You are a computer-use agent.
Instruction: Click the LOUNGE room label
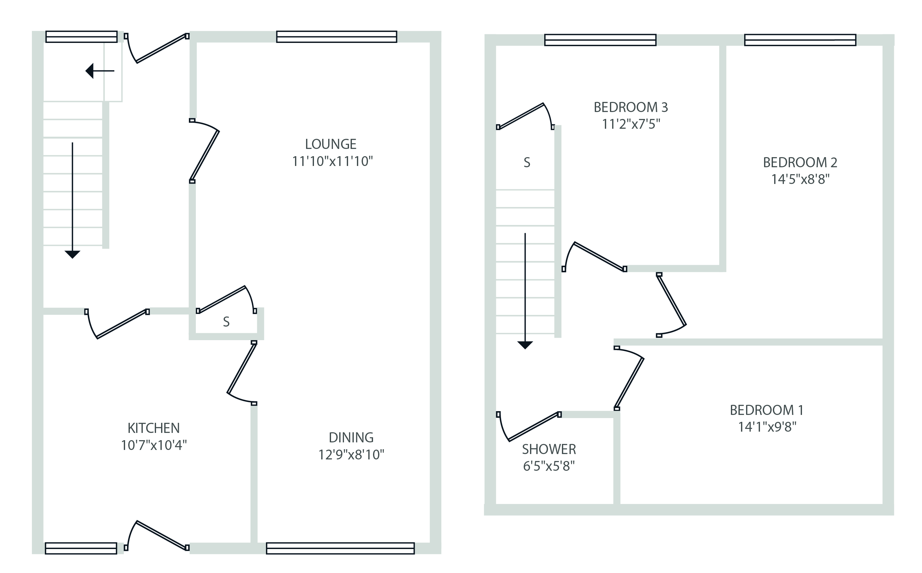(x=331, y=145)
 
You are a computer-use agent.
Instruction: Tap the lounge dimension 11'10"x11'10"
(x=332, y=162)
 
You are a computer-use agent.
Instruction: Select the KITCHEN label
(x=154, y=428)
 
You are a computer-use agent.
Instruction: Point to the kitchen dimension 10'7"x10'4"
(x=154, y=445)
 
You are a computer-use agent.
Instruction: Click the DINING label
(x=351, y=438)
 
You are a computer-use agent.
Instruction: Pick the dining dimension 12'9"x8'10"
(x=351, y=455)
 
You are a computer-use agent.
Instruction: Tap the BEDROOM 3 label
(x=630, y=108)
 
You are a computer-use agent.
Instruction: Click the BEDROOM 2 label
(x=800, y=162)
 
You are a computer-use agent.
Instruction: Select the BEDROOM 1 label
(x=767, y=410)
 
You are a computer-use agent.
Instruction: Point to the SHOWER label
(x=549, y=449)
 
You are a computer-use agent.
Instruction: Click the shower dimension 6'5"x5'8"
(x=549, y=466)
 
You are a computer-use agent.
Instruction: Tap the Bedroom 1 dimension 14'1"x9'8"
(x=767, y=427)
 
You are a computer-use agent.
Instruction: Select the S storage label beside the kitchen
(x=226, y=322)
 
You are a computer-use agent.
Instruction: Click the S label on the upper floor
(x=527, y=162)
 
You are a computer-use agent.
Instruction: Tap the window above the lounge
(x=336, y=37)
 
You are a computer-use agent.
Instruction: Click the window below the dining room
(x=340, y=548)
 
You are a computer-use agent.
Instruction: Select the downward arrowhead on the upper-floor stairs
(x=525, y=345)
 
